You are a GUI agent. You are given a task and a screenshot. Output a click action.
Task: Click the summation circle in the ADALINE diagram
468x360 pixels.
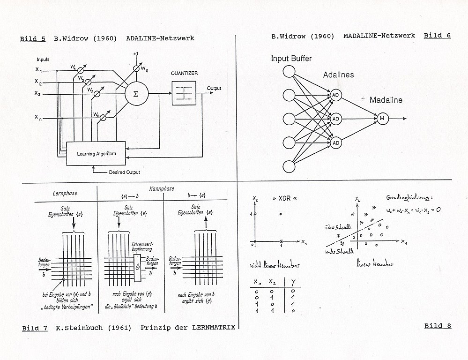click(x=136, y=93)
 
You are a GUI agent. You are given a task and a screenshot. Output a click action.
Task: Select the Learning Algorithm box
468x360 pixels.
click(x=97, y=153)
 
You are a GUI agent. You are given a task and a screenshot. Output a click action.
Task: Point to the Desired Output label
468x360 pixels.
click(x=124, y=172)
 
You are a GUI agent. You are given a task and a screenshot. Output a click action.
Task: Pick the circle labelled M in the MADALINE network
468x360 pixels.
click(x=382, y=119)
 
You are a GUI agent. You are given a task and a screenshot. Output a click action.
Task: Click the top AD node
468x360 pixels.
click(x=335, y=95)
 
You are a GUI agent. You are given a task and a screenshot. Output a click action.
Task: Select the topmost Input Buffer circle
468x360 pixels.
click(x=289, y=72)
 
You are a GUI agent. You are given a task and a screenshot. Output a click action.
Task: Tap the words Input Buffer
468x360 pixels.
click(x=291, y=59)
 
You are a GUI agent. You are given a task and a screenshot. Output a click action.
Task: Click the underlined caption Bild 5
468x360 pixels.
click(x=33, y=39)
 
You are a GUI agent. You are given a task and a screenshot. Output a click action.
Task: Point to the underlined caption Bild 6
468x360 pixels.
click(x=437, y=36)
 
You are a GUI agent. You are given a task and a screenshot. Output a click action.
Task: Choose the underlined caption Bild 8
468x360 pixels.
click(x=438, y=326)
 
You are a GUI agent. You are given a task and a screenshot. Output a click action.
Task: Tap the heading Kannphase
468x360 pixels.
click(x=162, y=188)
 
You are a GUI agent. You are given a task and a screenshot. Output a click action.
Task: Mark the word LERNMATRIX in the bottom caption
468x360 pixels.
click(x=214, y=328)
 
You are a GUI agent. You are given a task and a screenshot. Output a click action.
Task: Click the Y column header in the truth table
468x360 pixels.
click(x=292, y=283)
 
